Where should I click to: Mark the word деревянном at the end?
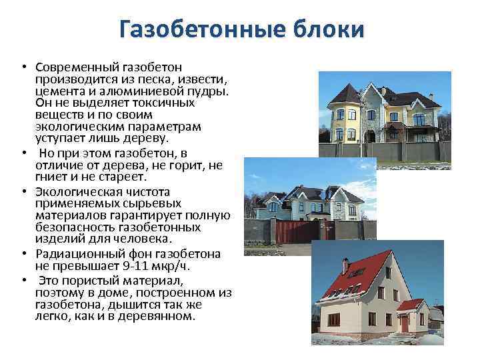tap(161, 316)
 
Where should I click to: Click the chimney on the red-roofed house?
tap(345, 265)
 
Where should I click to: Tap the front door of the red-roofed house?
tap(404, 323)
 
